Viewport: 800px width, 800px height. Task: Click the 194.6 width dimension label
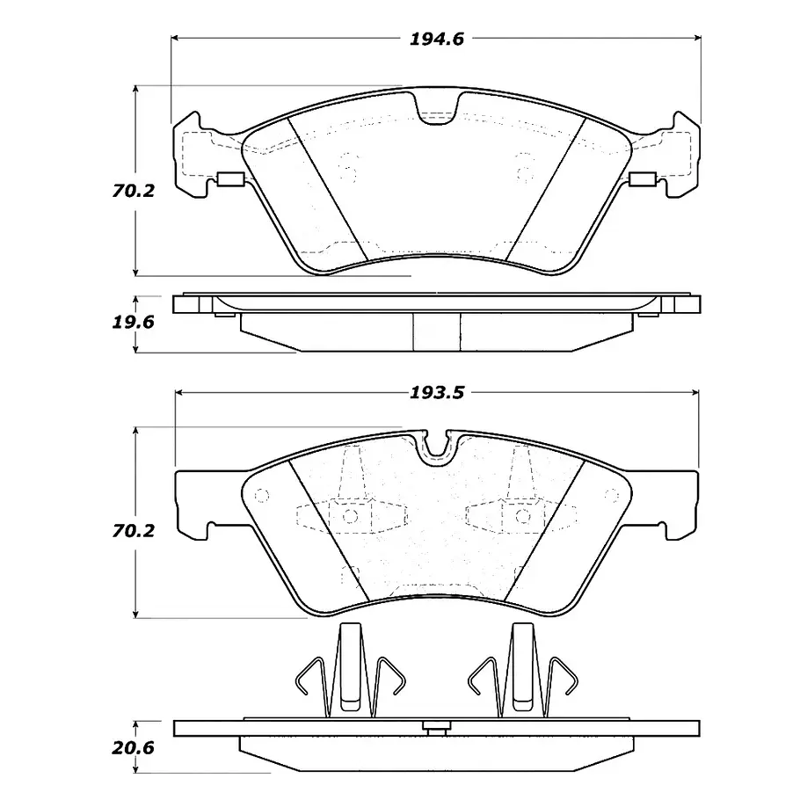click(437, 40)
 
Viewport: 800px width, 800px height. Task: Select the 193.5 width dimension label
click(437, 393)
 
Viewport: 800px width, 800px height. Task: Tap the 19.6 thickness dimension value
click(133, 323)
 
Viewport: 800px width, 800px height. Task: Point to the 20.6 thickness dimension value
click(133, 748)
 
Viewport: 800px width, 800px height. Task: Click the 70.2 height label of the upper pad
click(133, 191)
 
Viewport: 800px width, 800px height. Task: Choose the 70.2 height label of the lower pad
click(133, 531)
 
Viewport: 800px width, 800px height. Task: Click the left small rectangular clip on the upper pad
click(231, 179)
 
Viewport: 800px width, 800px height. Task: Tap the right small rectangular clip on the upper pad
click(643, 179)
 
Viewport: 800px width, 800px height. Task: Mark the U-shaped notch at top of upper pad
click(437, 109)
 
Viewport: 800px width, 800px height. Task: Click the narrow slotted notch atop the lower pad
click(437, 445)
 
